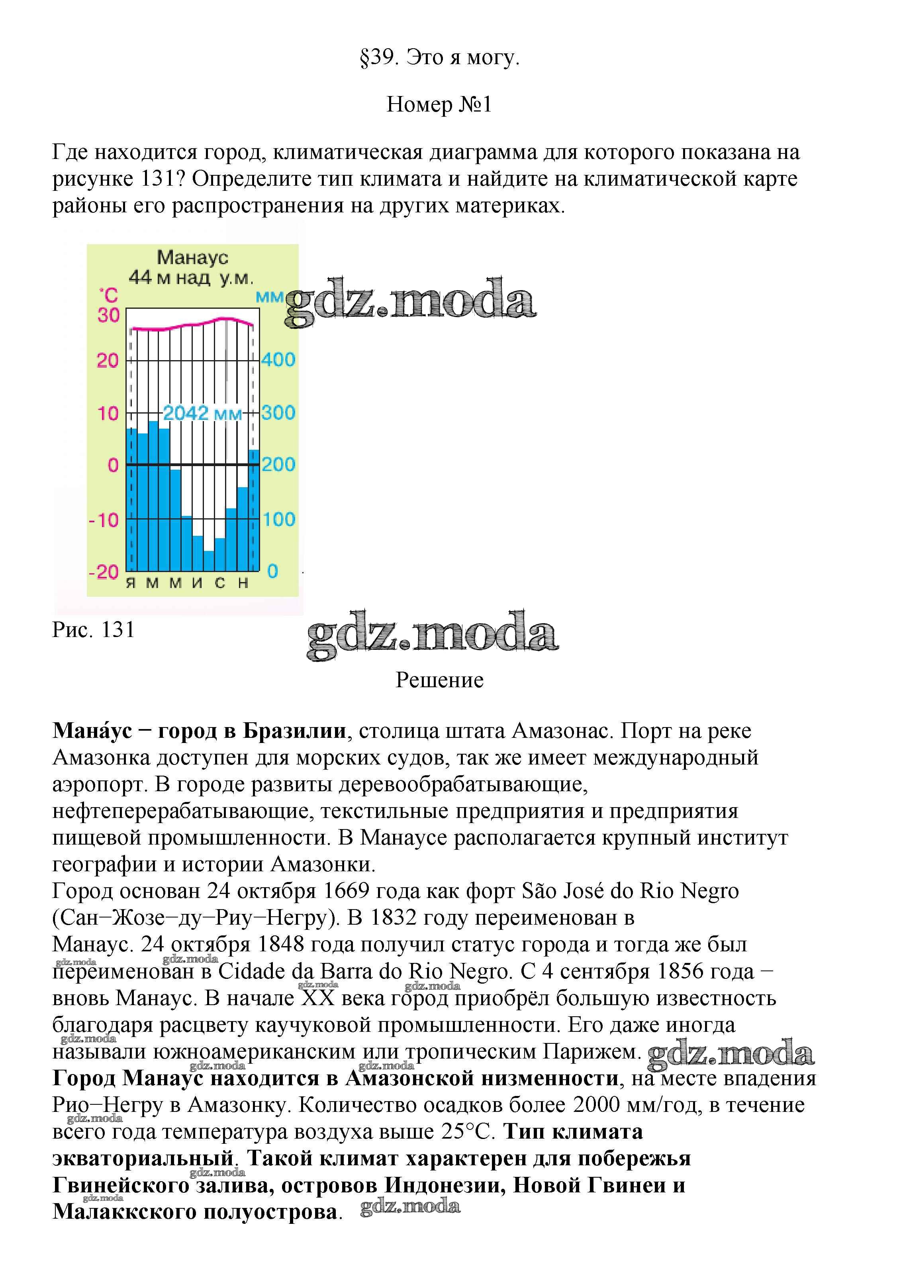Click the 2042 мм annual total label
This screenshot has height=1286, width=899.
pos(202,414)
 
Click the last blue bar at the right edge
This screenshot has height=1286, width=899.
pos(254,510)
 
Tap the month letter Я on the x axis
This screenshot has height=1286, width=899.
pos(131,583)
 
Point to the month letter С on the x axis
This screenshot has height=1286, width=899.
pos(219,583)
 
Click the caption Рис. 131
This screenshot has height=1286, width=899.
pos(94,629)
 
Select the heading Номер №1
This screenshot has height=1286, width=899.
pos(439,104)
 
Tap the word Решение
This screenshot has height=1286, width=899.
pos(439,680)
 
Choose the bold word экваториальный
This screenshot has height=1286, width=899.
pos(142,1158)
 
